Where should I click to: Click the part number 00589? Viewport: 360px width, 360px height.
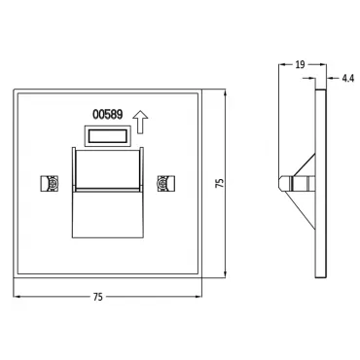[x=108, y=115]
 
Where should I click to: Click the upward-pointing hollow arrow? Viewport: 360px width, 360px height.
[x=140, y=122]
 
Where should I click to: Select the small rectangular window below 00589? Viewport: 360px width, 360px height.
[x=107, y=136]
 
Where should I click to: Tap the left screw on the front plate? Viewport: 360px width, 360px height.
[x=50, y=184]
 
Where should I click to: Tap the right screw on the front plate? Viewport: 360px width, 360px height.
[x=166, y=184]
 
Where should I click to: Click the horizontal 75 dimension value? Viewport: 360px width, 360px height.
[x=98, y=297]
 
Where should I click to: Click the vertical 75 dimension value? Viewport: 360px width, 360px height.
[x=220, y=183]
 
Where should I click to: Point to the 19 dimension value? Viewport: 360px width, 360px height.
[x=300, y=65]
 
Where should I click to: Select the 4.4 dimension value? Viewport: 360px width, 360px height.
[x=347, y=78]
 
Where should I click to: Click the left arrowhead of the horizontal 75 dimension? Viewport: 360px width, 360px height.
[x=17, y=297]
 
